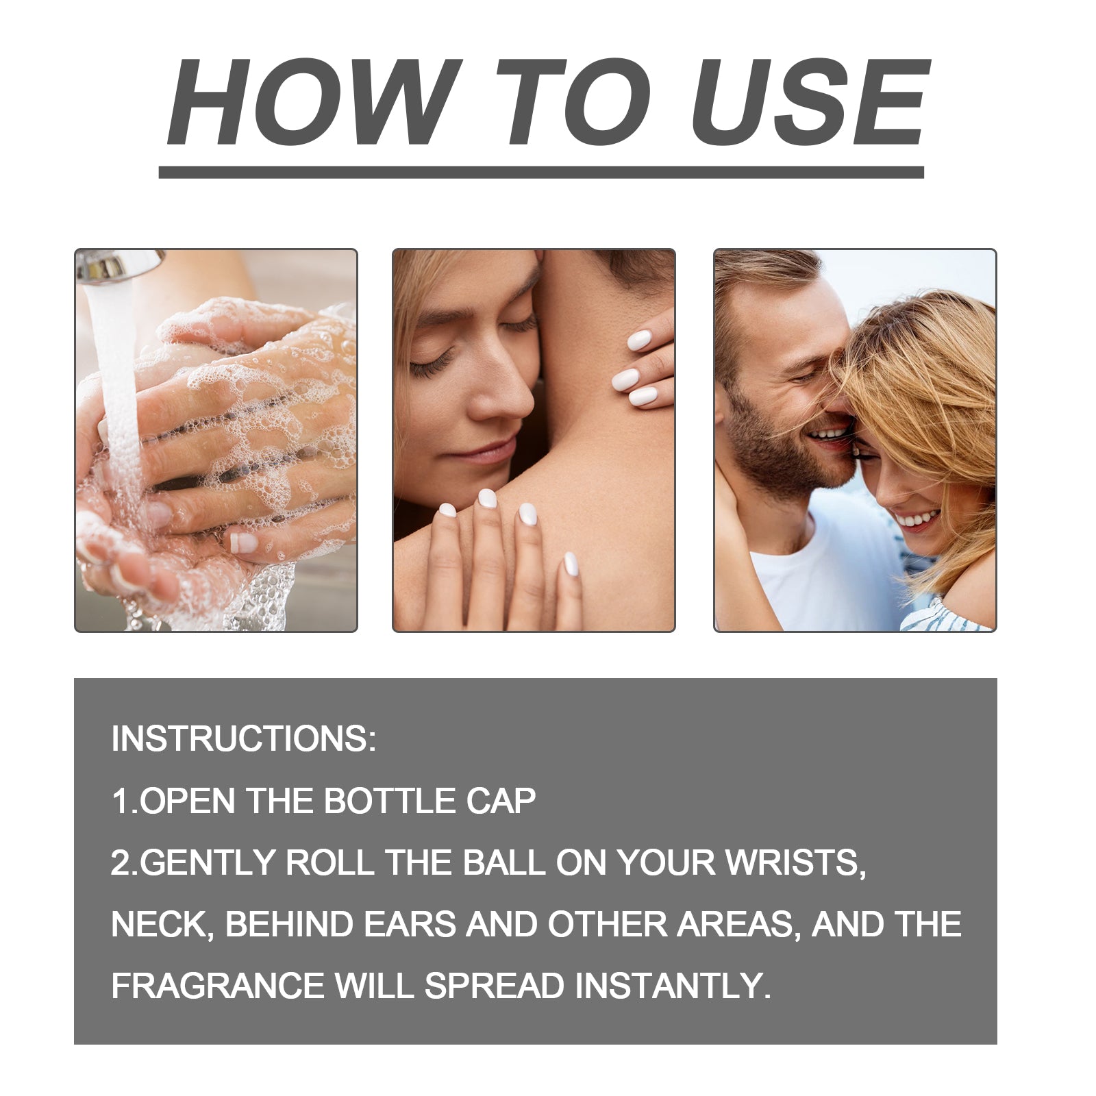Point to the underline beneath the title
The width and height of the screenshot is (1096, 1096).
(541, 172)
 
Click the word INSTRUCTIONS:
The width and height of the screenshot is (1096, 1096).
(244, 738)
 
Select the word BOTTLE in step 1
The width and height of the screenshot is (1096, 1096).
(389, 800)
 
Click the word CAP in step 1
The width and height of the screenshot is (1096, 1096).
(501, 800)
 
